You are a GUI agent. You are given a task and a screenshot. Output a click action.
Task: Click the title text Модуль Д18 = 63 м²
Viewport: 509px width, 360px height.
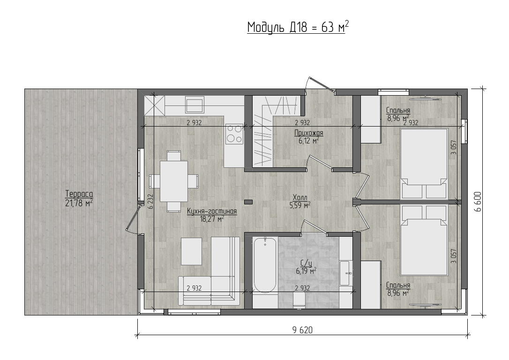[298, 27]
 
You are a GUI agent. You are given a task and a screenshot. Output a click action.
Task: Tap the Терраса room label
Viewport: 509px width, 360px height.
[79, 194]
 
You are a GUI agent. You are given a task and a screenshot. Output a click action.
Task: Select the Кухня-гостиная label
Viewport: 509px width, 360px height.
[212, 211]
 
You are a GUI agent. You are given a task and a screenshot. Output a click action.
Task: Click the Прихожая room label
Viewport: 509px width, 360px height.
[309, 133]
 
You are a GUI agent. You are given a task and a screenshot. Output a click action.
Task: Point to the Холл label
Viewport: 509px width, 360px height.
[299, 197]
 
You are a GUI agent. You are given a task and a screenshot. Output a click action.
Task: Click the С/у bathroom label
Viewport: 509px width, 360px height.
[306, 263]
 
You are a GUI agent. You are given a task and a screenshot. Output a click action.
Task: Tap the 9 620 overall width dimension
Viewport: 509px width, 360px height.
[302, 330]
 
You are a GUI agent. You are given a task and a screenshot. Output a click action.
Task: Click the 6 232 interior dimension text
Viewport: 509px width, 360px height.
[150, 201]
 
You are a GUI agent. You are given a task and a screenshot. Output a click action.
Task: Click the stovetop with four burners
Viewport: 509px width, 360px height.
[234, 134]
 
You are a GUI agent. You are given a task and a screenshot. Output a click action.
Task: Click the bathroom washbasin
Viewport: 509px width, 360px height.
[346, 273]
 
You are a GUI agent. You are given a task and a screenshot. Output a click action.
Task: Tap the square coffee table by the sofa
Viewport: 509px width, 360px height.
[191, 251]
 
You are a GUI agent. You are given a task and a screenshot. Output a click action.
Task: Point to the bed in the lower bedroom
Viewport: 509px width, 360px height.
[424, 240]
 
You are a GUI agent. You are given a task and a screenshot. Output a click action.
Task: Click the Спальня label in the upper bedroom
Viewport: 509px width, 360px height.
[398, 110]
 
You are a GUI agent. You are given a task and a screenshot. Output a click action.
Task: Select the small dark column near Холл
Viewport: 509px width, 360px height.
[248, 202]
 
